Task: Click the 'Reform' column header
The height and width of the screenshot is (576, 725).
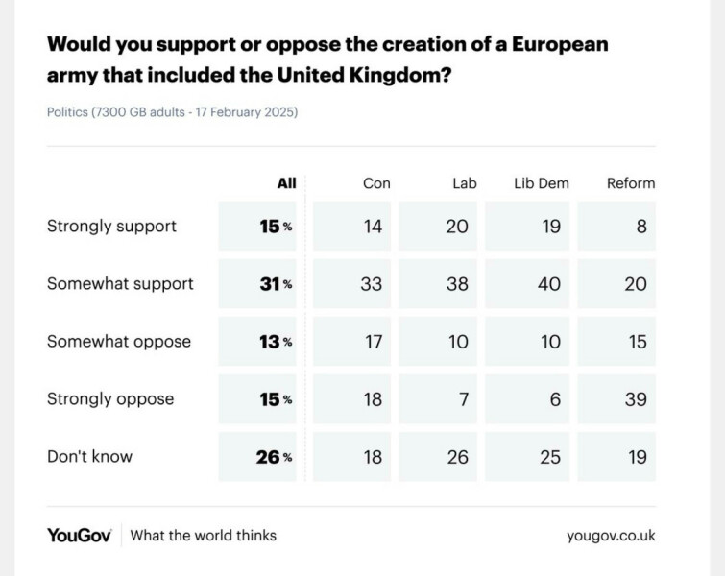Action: coord(630,183)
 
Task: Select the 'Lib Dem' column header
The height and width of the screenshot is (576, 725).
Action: coord(542,183)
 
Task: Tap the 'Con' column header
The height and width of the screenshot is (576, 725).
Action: coord(376,183)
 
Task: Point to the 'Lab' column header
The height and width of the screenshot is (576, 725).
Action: coord(464,183)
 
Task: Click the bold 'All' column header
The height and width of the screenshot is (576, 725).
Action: coord(286,183)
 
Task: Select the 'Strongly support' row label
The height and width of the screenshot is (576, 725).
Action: coord(111,227)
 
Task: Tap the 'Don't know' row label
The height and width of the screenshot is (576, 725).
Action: coord(89,457)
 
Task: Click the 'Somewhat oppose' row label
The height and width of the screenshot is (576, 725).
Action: coord(119,342)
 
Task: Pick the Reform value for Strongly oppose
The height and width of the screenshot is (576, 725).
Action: coord(636,399)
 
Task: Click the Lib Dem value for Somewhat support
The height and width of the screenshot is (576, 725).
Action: coord(549,284)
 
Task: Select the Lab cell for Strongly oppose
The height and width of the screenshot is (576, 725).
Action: coord(463,399)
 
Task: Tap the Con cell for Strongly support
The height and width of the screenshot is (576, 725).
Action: coord(372,227)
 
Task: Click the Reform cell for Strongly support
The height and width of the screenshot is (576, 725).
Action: coord(640,227)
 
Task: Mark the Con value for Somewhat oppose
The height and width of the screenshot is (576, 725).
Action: coord(372,342)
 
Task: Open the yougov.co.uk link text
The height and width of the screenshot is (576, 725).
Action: coord(611,536)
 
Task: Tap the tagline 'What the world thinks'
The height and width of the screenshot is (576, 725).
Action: coord(203,535)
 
